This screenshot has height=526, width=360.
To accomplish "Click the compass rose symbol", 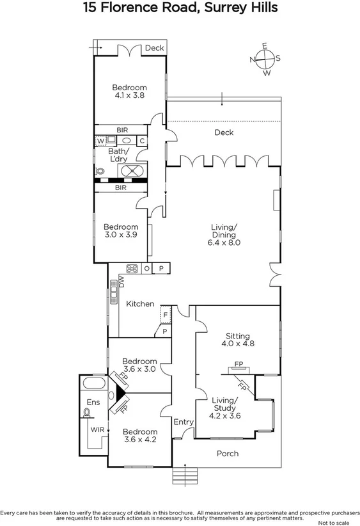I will click(265, 59).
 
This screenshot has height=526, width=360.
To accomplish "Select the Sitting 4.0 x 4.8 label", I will click(237, 340).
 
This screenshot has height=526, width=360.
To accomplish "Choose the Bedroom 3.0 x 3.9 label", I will click(121, 231).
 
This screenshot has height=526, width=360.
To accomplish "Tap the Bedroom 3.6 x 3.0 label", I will click(139, 364).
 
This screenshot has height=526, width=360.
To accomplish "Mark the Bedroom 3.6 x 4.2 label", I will click(139, 435).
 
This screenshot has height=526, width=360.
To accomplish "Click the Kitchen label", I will click(140, 304).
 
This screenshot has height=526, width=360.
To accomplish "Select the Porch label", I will click(227, 454).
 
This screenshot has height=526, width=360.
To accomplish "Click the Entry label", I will click(183, 422).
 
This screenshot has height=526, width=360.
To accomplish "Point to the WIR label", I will click(97, 429).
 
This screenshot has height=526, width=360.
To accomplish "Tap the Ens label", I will click(93, 402).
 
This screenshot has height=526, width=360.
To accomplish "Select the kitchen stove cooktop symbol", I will click(133, 269).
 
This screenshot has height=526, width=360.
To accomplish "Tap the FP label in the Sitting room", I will click(239, 364).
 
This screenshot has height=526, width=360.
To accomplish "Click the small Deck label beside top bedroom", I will click(153, 48).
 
